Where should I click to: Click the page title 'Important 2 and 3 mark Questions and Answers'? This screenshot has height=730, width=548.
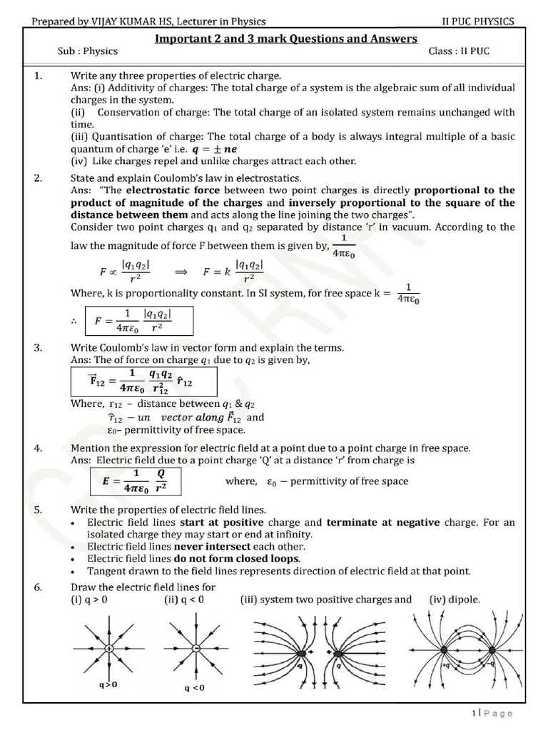pyautogui.click(x=285, y=38)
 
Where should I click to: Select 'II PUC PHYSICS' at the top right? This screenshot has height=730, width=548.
pyautogui.click(x=478, y=21)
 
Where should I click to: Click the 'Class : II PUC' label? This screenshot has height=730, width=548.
pyautogui.click(x=460, y=51)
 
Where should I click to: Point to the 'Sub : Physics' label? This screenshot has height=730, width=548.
pyautogui.click(x=88, y=51)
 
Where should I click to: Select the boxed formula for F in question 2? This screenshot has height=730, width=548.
pyautogui.click(x=138, y=321)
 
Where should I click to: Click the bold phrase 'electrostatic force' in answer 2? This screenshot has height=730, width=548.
pyautogui.click(x=168, y=190)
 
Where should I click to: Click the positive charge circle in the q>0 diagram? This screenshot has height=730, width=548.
pyautogui.click(x=108, y=649)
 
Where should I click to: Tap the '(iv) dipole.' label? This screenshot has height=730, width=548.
pyautogui.click(x=455, y=600)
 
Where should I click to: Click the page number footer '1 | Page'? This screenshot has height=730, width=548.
pyautogui.click(x=492, y=713)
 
